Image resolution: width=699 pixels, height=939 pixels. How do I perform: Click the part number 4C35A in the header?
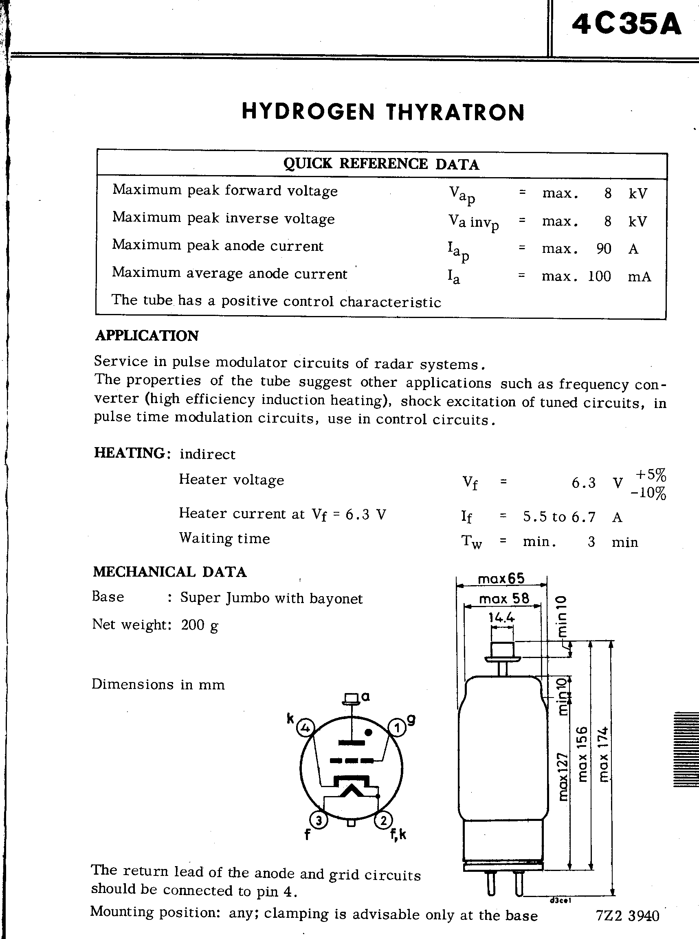point(626,24)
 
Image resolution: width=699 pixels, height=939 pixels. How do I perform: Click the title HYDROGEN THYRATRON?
point(383,112)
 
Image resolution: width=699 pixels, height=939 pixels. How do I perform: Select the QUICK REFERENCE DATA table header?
point(381,164)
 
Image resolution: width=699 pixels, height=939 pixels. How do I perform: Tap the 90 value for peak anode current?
point(604,249)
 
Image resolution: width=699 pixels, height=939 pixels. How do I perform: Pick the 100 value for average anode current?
point(600,276)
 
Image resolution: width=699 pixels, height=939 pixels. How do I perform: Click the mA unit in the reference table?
point(640,276)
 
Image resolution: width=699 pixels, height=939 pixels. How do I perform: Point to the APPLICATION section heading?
point(147,336)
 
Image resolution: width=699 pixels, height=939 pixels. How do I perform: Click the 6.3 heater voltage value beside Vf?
point(583,483)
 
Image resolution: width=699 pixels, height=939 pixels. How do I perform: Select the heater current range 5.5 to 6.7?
point(559,517)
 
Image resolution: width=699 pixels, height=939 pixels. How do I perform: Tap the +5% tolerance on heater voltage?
point(651,474)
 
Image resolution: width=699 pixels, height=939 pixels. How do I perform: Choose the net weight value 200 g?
point(199,625)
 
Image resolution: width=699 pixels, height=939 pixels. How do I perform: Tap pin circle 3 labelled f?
point(319,821)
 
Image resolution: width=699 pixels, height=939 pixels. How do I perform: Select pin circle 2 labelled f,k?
point(383,821)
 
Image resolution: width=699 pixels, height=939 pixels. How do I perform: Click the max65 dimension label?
point(501,578)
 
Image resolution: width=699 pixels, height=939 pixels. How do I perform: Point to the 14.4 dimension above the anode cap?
point(501,618)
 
